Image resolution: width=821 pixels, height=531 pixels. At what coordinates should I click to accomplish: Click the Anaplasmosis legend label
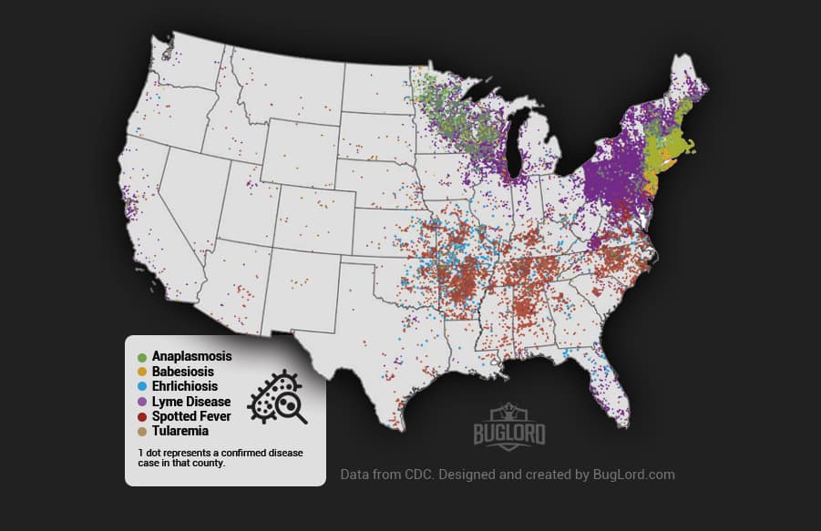pyautogui.click(x=192, y=356)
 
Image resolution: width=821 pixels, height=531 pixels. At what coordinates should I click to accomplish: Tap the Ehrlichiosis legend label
pyautogui.click(x=186, y=386)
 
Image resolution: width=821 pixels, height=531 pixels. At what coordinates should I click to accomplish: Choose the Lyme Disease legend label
pyautogui.click(x=191, y=402)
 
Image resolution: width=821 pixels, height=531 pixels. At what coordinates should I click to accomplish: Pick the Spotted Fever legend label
pyautogui.click(x=192, y=416)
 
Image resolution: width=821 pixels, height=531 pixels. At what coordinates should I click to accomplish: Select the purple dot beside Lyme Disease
pyautogui.click(x=141, y=402)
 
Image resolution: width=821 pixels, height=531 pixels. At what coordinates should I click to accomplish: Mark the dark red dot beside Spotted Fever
pyautogui.click(x=141, y=416)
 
